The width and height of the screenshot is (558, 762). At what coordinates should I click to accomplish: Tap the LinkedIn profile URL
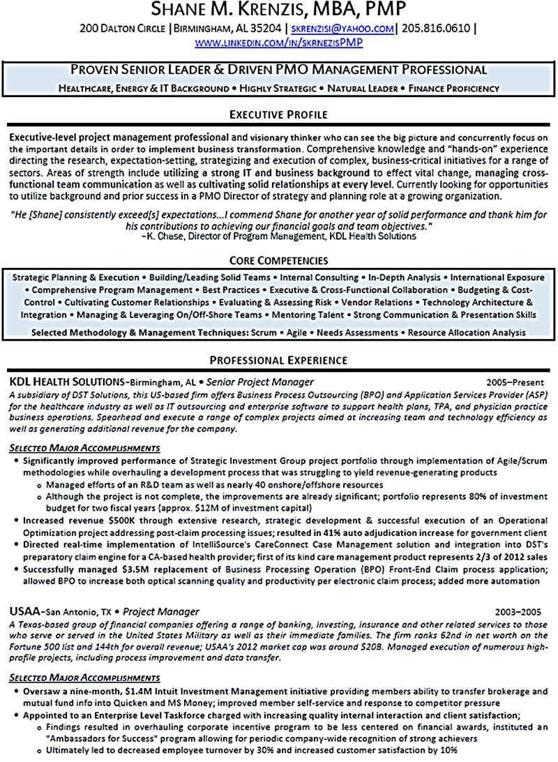pos(279,43)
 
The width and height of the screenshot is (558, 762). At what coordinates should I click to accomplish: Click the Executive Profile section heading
pos(279,114)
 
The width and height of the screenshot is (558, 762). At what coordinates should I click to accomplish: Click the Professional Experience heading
pos(279,360)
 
